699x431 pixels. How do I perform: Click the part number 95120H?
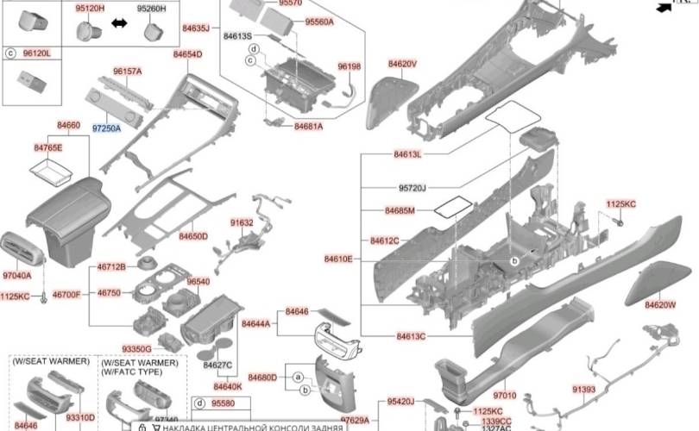click(90, 8)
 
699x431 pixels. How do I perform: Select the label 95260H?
click(152, 8)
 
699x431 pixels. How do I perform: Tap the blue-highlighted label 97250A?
click(107, 128)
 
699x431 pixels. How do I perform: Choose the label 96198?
click(349, 66)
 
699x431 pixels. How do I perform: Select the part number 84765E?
click(48, 148)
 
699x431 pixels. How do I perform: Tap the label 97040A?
click(17, 276)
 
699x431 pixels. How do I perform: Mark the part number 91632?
click(242, 222)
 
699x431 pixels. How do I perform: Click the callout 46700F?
click(66, 295)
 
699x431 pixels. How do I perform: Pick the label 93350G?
click(136, 349)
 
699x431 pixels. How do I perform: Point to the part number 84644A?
click(257, 324)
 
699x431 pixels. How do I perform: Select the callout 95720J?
click(412, 187)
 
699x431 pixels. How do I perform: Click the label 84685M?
click(400, 210)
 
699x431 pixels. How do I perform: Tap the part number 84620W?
click(659, 304)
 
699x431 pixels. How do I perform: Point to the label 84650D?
click(193, 235)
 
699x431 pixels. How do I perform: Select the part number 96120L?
click(37, 53)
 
